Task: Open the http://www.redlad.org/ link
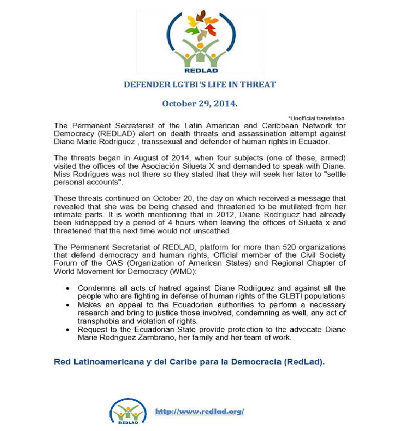pyautogui.click(x=199, y=411)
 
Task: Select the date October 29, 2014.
pyautogui.click(x=200, y=104)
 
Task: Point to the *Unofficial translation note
pyautogui.click(x=316, y=118)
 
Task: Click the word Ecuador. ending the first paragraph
pyautogui.click(x=316, y=141)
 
